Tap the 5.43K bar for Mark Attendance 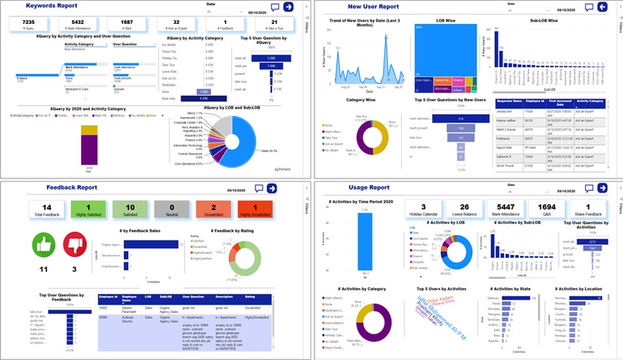[193, 98]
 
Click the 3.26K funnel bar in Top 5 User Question [271, 58]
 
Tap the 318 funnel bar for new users [438, 117]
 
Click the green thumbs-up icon [43, 245]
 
